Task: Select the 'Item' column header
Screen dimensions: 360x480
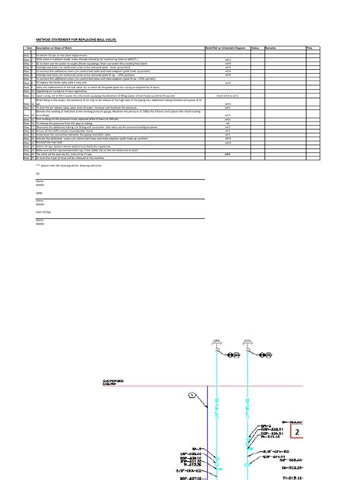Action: (x=28, y=47)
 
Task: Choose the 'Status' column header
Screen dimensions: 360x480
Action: (x=255, y=47)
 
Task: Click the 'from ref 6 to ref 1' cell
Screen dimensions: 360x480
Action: (x=227, y=96)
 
